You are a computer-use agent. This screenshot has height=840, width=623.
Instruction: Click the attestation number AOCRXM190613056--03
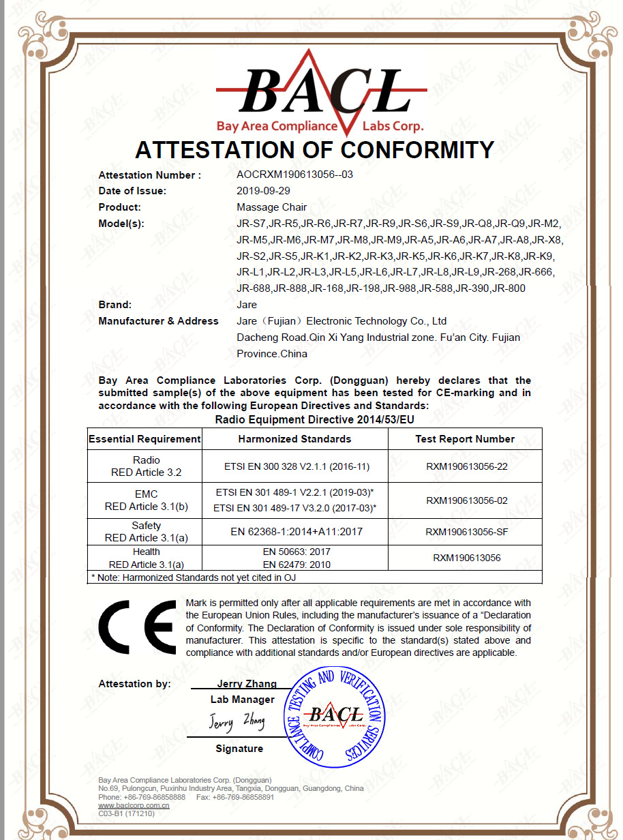tap(294, 175)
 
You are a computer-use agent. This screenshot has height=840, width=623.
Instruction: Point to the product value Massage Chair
tap(271, 207)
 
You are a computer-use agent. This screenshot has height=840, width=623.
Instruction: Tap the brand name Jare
tap(247, 305)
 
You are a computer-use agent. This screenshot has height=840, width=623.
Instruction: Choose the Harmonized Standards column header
tap(294, 439)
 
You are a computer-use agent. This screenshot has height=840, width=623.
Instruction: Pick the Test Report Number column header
tap(465, 439)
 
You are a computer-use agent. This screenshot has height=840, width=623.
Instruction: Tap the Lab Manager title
tap(242, 700)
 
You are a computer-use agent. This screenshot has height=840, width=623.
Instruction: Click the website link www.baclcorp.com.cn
tap(134, 805)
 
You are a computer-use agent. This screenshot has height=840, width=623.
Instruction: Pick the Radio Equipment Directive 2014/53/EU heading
tap(314, 419)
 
